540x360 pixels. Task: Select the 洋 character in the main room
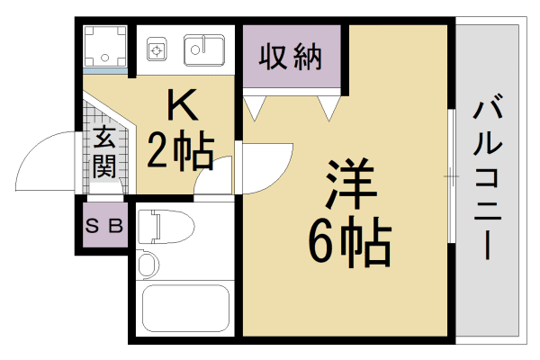pos(349,184)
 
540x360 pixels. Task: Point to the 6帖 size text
pos(349,240)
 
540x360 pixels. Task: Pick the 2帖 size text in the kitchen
pos(180,153)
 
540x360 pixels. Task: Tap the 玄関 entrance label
pos(103,154)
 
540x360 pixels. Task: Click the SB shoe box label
pos(103,226)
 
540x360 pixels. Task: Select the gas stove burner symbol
pos(157,50)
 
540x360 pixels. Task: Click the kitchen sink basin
pos(204,48)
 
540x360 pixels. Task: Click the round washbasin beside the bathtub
pos(148,264)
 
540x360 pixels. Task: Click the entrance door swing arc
pos(45,162)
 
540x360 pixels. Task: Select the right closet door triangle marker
pos(328,107)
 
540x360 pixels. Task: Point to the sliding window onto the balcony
pos(451,175)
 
